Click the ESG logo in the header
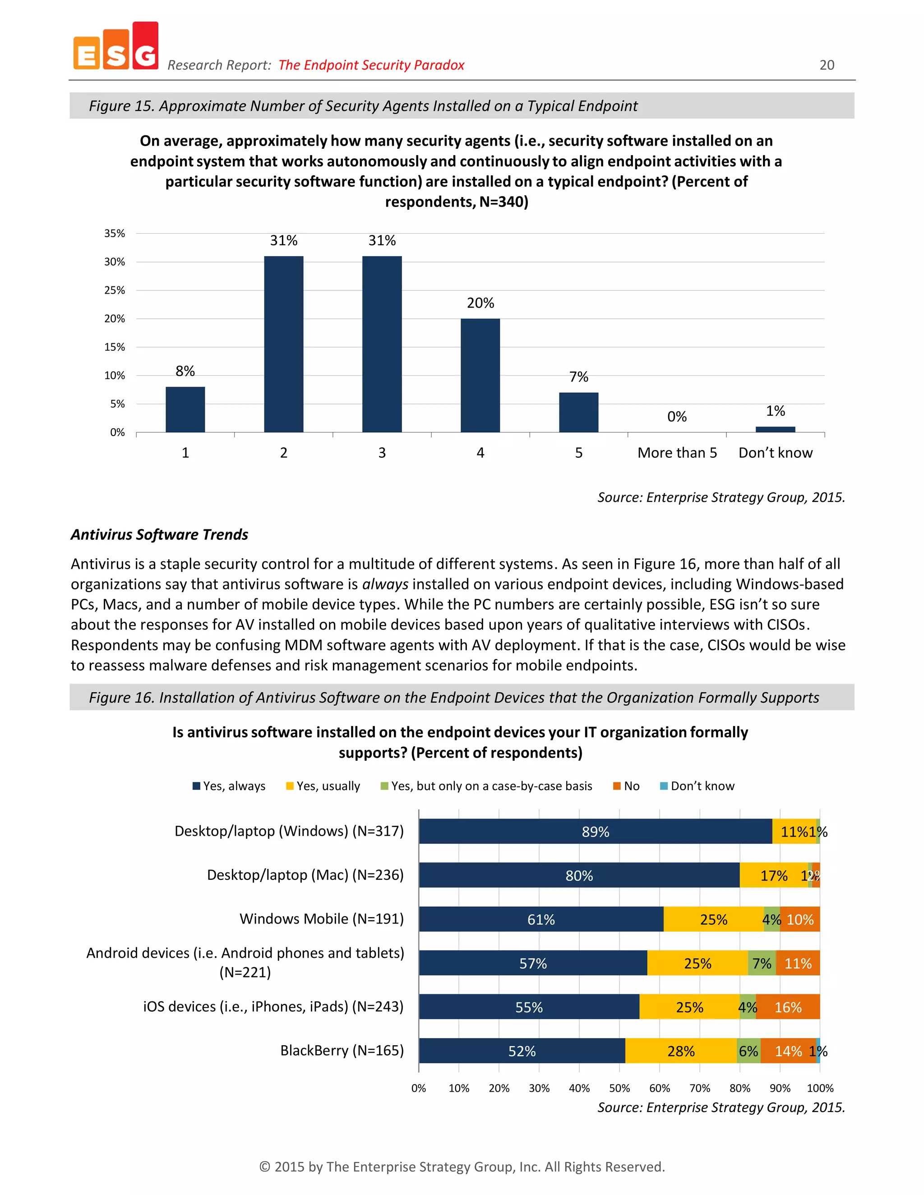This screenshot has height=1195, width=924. point(115,47)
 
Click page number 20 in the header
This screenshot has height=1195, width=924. point(827,65)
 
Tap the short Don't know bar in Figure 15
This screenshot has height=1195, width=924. point(775,429)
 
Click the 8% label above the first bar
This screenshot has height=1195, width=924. point(185,371)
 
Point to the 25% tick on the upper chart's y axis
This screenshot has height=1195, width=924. point(115,290)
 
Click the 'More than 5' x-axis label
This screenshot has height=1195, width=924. point(677,452)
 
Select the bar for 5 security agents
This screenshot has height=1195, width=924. point(578,412)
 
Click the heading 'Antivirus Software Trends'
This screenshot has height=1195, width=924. point(159,534)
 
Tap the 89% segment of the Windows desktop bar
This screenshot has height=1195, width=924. point(595,832)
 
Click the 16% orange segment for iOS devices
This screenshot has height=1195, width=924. point(788,1007)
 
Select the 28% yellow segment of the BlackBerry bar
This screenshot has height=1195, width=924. point(681,1051)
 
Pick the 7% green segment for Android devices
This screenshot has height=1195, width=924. point(762,964)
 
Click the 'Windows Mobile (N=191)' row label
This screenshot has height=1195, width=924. point(321,919)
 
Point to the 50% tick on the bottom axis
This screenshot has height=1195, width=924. point(619,1088)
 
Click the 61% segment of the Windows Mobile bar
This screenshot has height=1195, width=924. point(541,919)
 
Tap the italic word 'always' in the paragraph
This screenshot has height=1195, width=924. point(385,584)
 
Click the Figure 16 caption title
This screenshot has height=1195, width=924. point(454,698)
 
